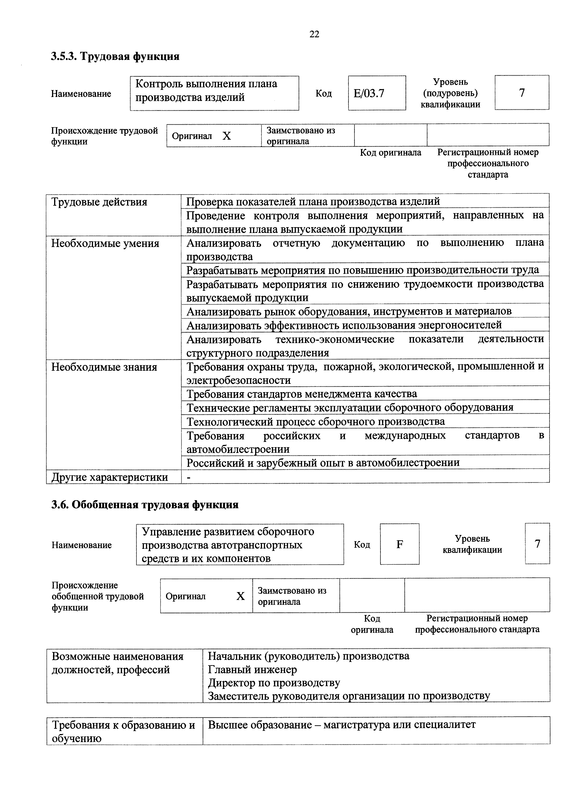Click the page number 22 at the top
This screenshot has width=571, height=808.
314,34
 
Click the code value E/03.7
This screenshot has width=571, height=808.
369,93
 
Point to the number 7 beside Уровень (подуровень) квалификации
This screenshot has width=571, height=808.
522,93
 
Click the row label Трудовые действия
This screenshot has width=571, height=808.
99,202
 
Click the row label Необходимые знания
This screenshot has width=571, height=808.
104,367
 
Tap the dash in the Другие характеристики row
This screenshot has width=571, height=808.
189,477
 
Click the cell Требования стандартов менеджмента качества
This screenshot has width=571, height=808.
302,394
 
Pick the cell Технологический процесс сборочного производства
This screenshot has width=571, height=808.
315,421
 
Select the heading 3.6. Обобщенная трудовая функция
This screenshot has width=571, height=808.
145,505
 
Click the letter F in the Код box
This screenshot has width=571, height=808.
399,544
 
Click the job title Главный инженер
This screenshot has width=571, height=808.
252,669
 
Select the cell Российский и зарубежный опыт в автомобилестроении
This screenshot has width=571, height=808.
323,462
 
